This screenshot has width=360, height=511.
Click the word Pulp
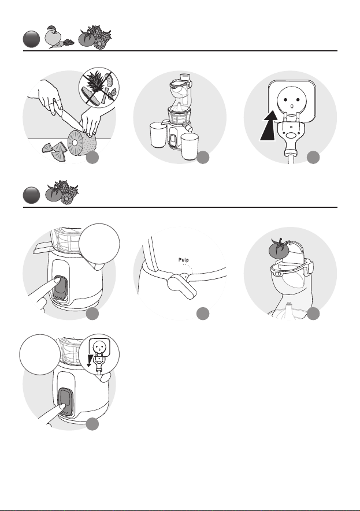pos(184,260)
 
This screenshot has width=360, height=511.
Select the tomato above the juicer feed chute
pos(278,249)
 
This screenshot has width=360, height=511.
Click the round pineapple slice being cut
pos(76,143)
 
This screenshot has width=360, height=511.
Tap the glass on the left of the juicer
pos(158,135)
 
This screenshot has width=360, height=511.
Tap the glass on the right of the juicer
pos(190,146)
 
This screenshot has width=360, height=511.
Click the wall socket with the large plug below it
pos(291,100)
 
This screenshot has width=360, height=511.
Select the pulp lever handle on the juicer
pos(182,286)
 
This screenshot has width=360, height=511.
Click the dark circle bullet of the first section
pos(31,39)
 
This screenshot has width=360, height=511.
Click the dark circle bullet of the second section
pos(31,195)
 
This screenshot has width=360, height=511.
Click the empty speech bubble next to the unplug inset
pos(40,355)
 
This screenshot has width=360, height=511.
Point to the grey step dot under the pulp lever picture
pos(203,314)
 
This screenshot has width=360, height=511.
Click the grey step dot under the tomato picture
pos(313,314)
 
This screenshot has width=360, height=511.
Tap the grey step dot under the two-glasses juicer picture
pos(203,158)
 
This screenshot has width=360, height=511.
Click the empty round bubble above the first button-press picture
pos(99,244)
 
